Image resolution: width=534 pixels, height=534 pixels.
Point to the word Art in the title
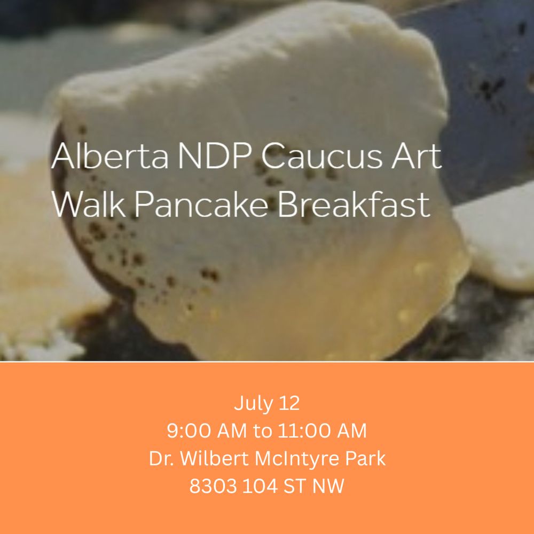click(x=417, y=156)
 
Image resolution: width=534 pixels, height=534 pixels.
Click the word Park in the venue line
click(x=365, y=459)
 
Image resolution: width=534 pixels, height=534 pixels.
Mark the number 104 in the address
click(x=261, y=486)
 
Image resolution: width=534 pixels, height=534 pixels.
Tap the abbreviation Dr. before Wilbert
click(x=160, y=459)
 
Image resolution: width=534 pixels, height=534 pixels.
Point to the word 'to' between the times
click(x=262, y=431)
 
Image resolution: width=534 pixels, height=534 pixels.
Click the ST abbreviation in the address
click(x=296, y=486)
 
